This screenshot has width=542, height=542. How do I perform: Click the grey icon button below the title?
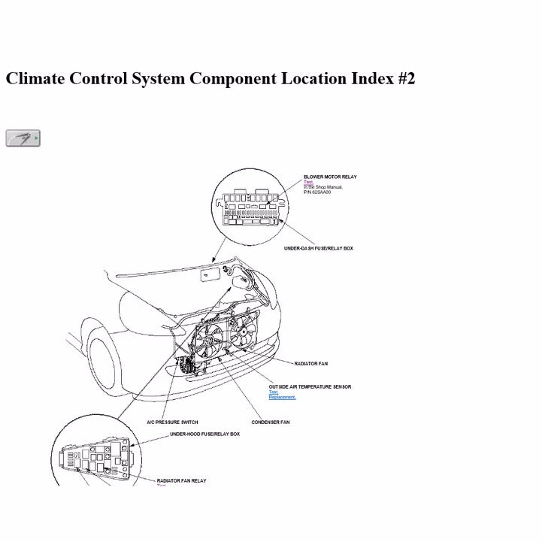coord(23,138)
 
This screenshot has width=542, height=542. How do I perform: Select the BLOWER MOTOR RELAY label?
coord(330,177)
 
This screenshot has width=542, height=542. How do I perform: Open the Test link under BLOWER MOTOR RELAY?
coord(307,182)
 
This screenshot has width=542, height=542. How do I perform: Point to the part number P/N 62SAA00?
coord(317,192)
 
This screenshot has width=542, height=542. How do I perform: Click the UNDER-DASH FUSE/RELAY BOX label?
coord(318,248)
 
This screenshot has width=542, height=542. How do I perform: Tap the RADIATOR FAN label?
coord(310,364)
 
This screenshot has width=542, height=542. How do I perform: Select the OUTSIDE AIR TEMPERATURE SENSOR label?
coord(310,386)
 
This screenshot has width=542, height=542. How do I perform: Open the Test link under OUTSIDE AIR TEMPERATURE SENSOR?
coord(273,392)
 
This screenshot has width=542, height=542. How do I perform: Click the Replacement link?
coord(282,397)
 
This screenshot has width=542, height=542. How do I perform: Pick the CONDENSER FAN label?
coord(270,422)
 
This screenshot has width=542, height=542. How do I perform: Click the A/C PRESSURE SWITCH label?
coord(172,422)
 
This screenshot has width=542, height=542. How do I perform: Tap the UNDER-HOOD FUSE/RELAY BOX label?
coord(204,434)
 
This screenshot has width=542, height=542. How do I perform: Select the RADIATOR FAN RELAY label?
coord(181,480)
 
